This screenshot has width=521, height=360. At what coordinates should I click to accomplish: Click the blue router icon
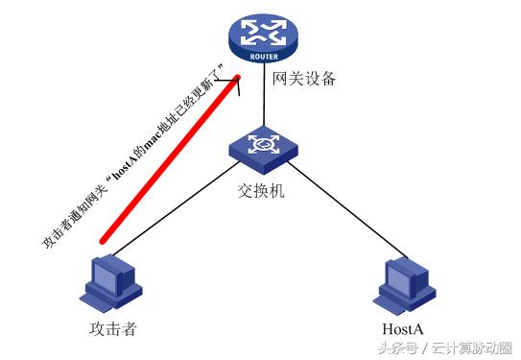click(x=260, y=39)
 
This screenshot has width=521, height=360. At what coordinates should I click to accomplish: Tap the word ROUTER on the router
click(x=260, y=57)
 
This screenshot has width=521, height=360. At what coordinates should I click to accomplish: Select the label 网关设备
click(x=304, y=80)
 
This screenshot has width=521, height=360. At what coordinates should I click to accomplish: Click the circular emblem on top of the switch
click(x=260, y=143)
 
